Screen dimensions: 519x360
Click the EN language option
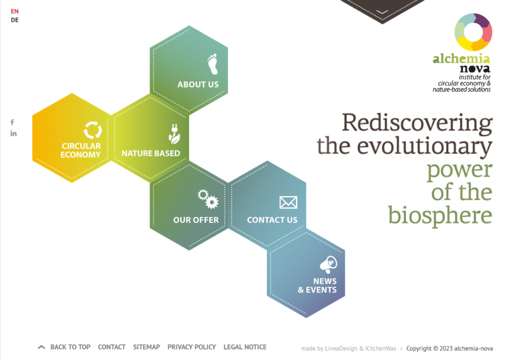coord(15,11)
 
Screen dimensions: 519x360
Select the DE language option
coord(15,20)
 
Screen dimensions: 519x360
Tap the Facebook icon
coord(12,122)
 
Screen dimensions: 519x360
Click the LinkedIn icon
coord(13,133)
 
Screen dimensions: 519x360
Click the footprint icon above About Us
coord(213,64)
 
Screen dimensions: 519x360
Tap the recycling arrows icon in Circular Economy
coord(93,129)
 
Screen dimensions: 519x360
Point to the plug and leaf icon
coord(174,134)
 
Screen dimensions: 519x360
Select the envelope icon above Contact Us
coord(288,202)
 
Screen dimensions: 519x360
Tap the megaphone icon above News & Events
coord(328,264)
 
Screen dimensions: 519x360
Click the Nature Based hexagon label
coord(151,153)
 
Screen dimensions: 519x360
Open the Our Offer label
coord(196,220)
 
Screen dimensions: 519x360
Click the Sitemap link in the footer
coord(146,347)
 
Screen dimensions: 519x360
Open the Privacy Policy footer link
coord(192,347)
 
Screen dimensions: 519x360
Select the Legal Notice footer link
coord(245,347)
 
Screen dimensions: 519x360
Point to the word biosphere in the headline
coord(440,215)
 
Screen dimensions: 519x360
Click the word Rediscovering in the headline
coord(417,123)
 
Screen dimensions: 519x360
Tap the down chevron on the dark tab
coord(382,12)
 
